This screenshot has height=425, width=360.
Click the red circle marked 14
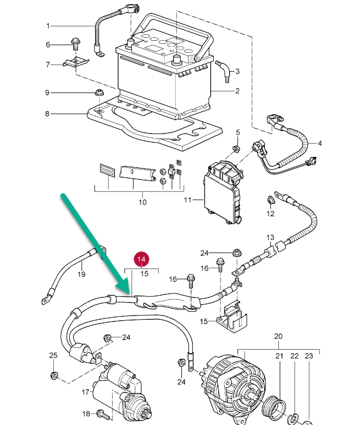[142, 259]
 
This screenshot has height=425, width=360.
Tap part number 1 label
[48, 26]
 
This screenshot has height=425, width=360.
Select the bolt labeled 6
[75, 44]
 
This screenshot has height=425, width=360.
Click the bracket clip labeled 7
[76, 62]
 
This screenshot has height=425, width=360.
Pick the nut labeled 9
[99, 92]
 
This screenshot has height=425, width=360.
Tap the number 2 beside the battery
[238, 91]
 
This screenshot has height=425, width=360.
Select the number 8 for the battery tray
[47, 114]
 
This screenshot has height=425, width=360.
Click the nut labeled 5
[236, 149]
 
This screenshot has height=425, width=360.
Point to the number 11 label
[187, 200]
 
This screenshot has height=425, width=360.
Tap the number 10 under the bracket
[143, 202]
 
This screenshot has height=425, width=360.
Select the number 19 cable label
[81, 274]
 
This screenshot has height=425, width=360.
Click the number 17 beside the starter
[86, 392]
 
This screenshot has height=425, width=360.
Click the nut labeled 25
[54, 375]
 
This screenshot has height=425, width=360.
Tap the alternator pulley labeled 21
[275, 407]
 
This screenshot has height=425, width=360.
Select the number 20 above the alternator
[278, 336]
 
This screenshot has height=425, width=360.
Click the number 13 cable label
[270, 238]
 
